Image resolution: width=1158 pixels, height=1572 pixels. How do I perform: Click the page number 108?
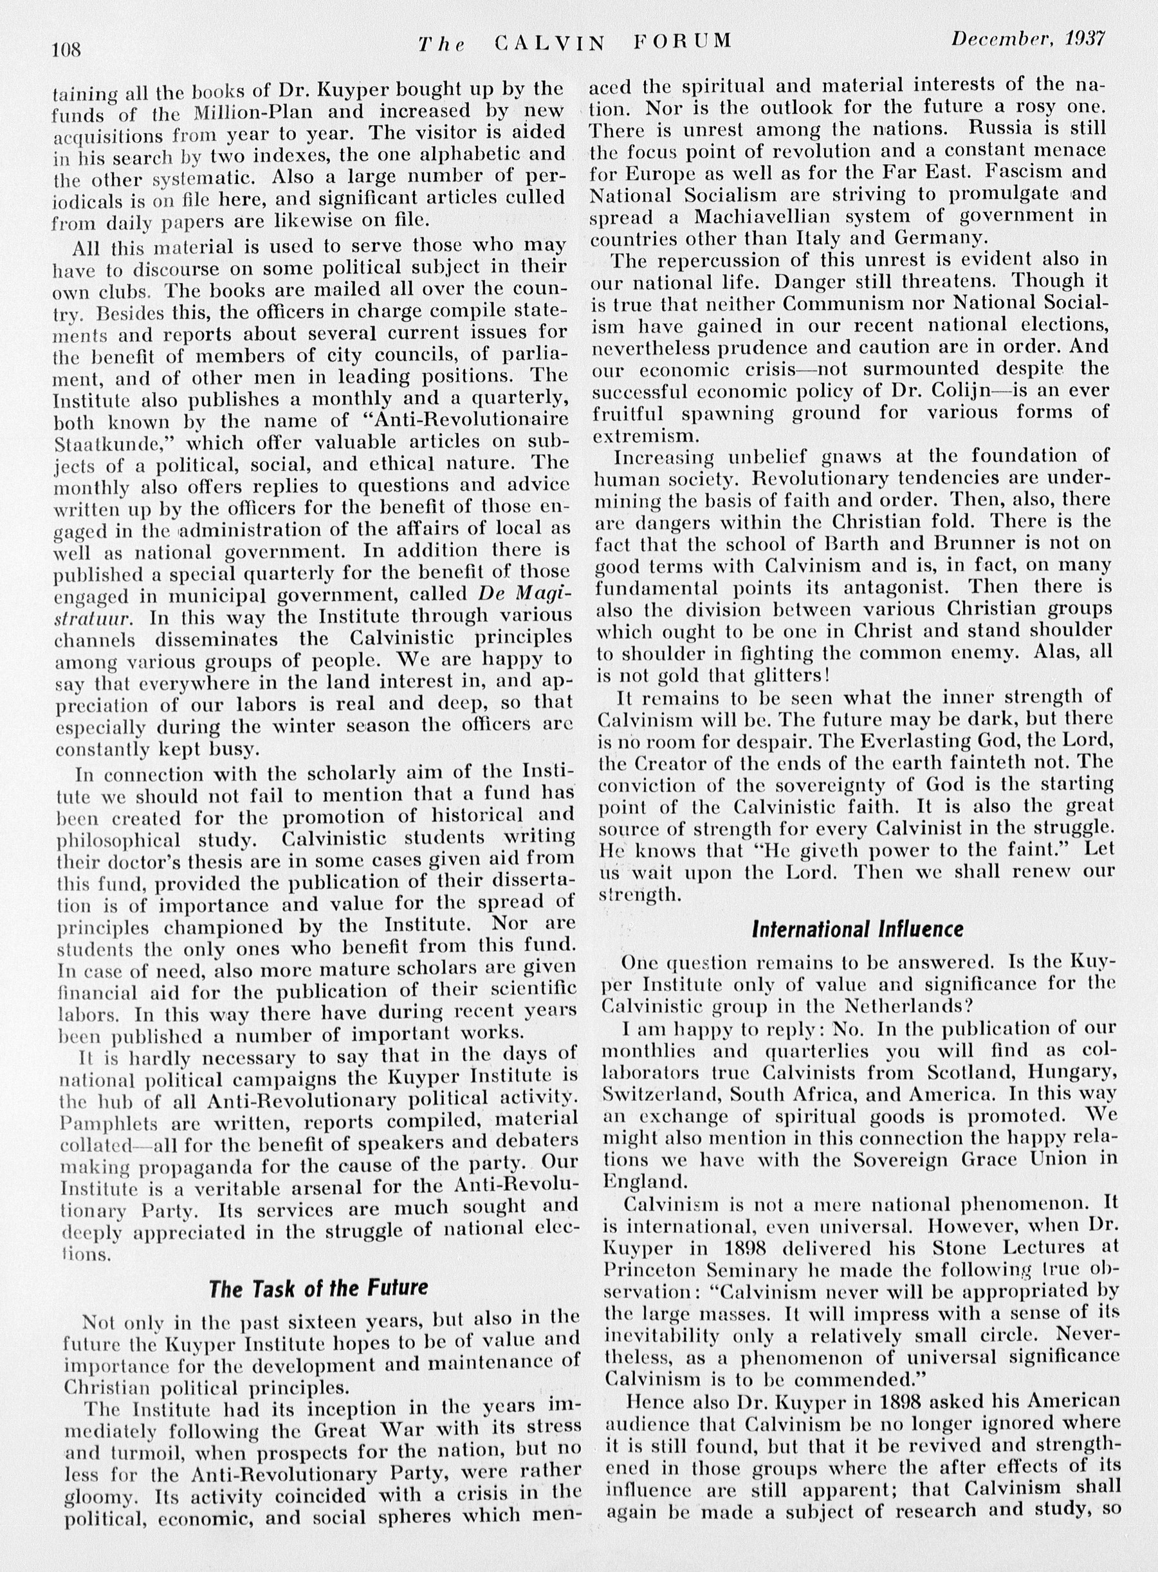(67, 50)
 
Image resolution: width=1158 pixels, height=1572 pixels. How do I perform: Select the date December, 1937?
(1027, 39)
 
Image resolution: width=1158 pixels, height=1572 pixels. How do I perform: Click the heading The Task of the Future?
(318, 1288)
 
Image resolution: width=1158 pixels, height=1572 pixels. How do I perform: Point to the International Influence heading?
(858, 930)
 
